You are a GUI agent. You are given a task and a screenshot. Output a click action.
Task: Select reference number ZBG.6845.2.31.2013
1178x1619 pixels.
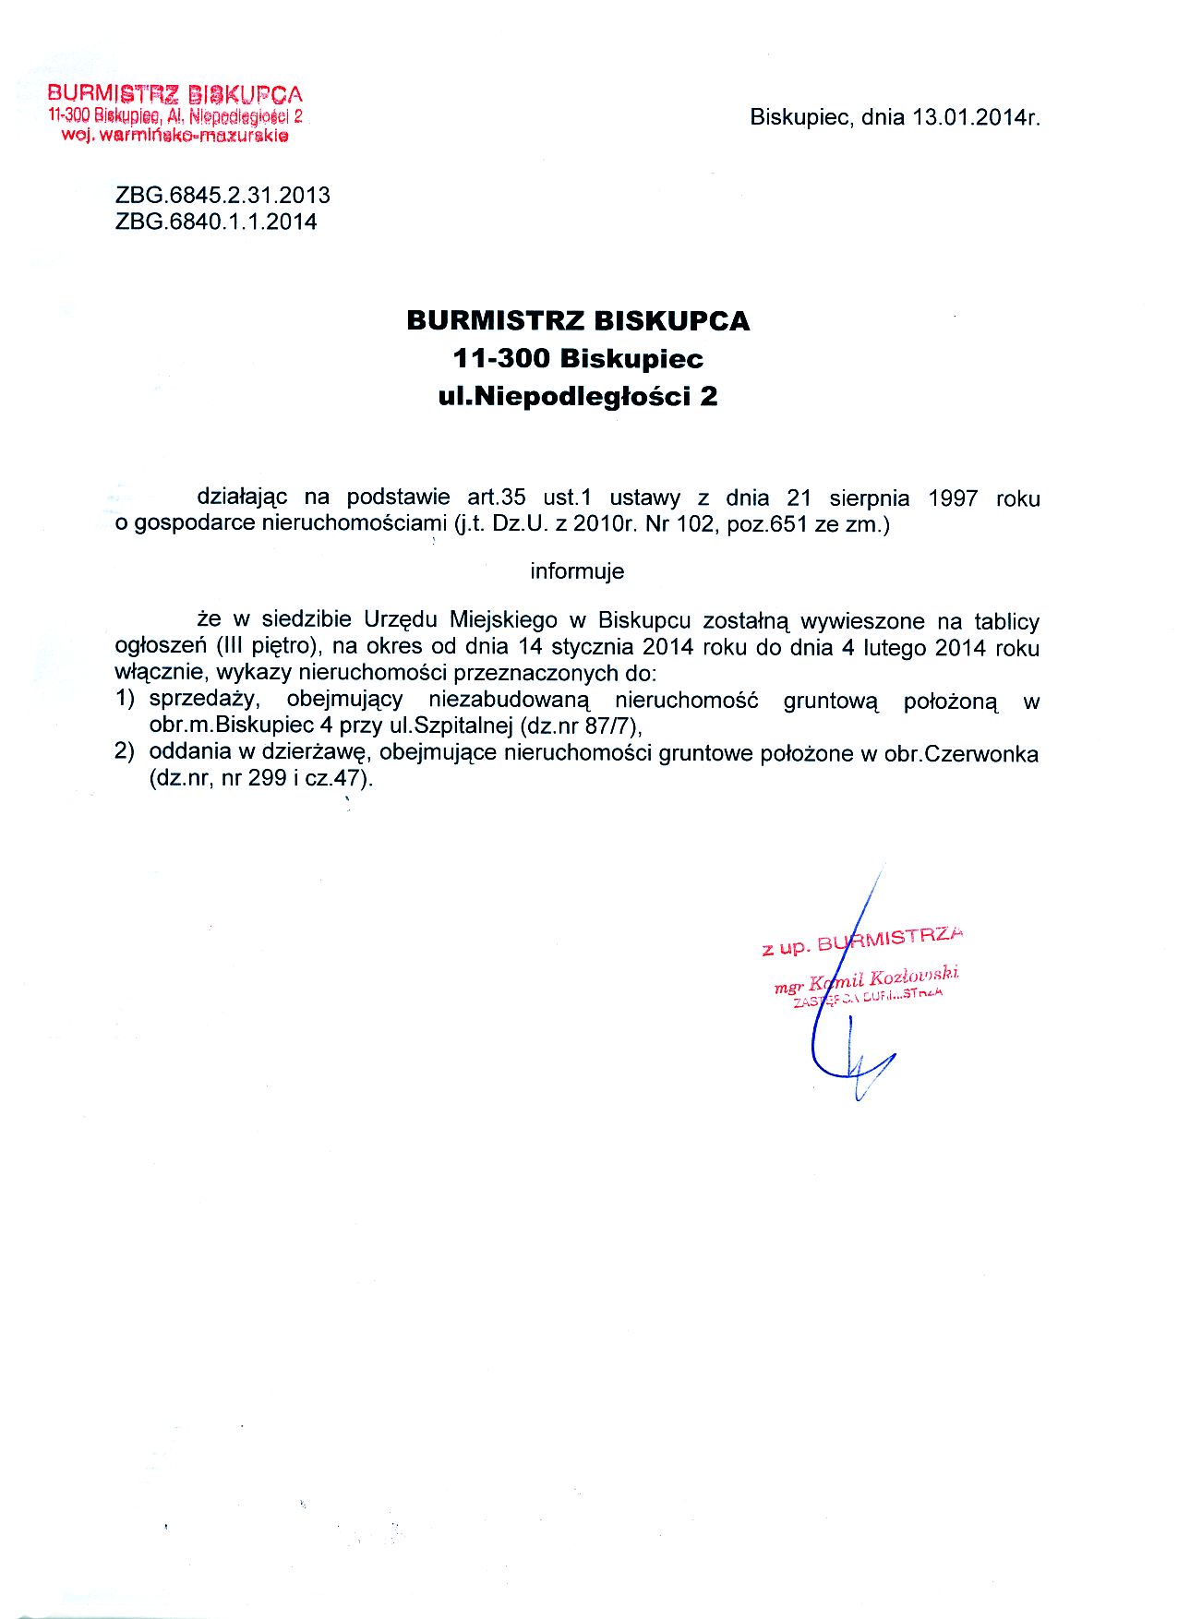coord(222,196)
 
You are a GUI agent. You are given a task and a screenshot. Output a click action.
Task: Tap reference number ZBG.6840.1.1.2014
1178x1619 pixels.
coord(216,222)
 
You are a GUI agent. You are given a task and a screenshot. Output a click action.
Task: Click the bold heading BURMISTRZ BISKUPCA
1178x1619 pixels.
coord(578,321)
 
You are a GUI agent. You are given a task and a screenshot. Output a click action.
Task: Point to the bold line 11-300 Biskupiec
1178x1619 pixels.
coord(578,358)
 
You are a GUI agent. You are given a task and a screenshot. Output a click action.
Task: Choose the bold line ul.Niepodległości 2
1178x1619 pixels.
coord(578,397)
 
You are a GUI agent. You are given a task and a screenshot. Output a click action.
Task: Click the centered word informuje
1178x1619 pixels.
coord(577,571)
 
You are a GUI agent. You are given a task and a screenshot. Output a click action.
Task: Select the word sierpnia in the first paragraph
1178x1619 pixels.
coord(869,499)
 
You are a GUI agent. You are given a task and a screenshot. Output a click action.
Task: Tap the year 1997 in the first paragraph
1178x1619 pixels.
coord(953,499)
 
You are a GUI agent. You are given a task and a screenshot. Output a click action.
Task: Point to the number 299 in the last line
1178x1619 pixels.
coord(267,778)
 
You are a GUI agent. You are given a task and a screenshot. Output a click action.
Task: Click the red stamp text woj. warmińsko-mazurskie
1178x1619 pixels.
coord(174,136)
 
